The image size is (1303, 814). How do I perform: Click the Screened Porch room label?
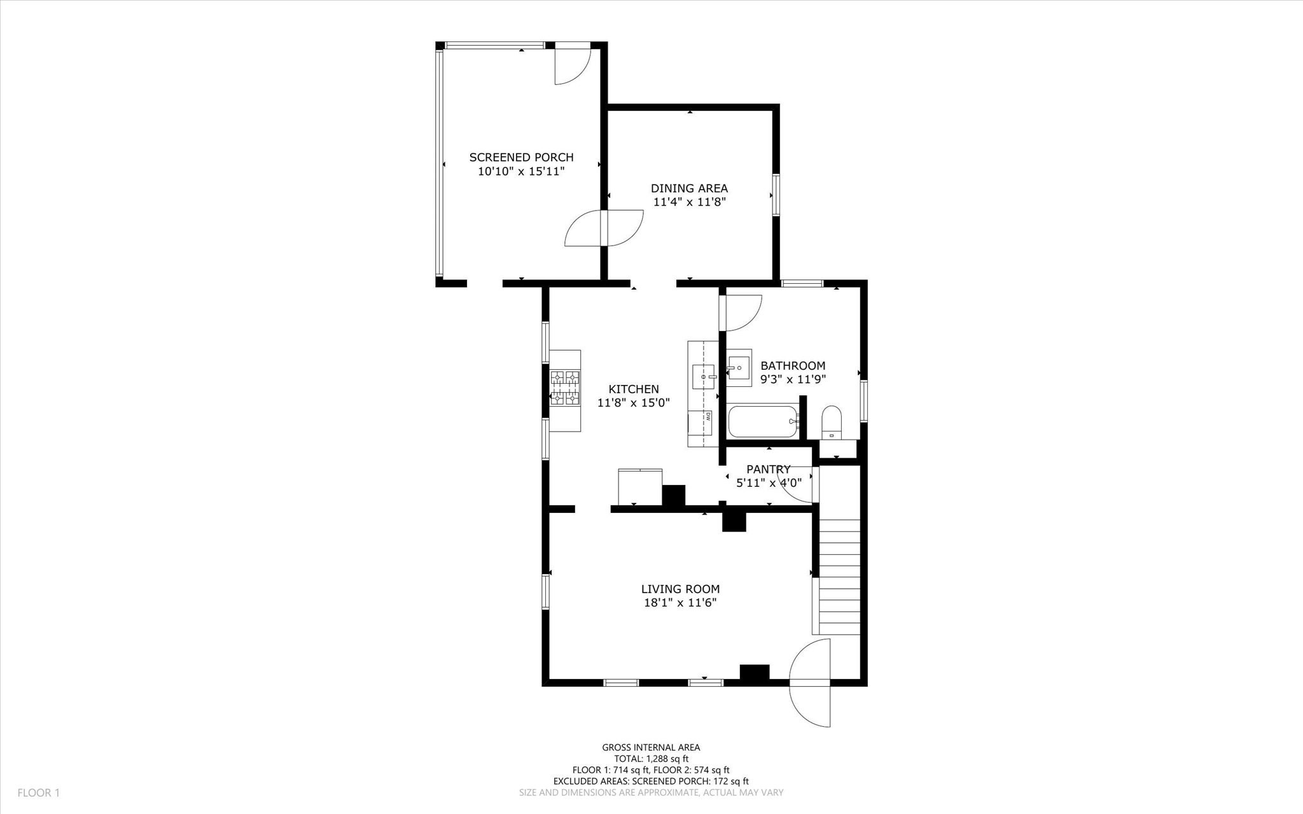pos(521,157)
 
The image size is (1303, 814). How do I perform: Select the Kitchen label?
pos(633,389)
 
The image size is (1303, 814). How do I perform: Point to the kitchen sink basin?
pos(703,377)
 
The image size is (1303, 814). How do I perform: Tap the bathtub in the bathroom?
pos(762,421)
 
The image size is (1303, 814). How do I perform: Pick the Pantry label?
pos(768,470)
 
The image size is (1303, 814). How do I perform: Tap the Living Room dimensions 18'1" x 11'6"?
pos(680,603)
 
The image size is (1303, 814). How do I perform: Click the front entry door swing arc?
pos(810,682)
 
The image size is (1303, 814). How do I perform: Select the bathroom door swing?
pos(742,313)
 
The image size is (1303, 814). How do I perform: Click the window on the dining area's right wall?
pos(776,195)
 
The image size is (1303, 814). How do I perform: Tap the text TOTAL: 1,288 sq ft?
pos(651,759)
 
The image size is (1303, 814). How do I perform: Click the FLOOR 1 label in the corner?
pos(38,793)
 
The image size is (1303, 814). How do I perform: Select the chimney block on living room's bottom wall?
pos(754,673)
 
